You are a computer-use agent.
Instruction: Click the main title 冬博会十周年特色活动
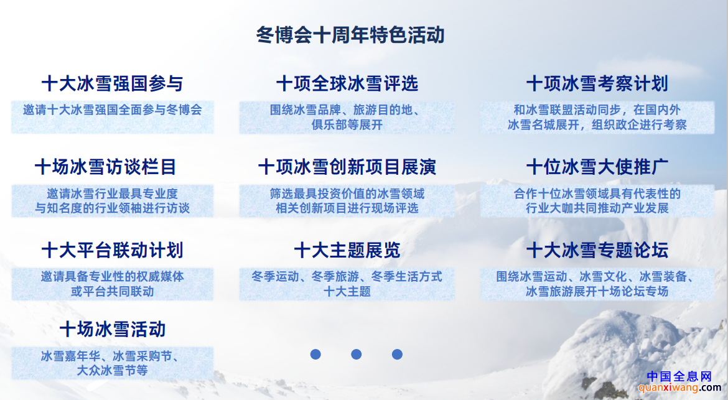coord(350,35)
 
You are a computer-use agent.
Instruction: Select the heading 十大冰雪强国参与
coord(113,83)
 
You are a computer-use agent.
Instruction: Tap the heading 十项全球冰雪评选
coord(347,83)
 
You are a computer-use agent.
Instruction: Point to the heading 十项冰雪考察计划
coord(597,83)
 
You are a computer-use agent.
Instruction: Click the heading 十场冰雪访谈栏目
coord(105,167)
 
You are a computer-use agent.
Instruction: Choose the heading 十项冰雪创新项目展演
coord(347,167)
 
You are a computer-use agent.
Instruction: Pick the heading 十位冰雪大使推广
coord(597,167)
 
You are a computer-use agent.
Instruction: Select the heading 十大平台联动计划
coord(113,251)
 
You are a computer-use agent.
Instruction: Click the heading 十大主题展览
coord(347,251)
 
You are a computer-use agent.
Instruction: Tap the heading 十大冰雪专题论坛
coord(597,251)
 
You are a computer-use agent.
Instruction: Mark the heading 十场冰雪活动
coord(113,330)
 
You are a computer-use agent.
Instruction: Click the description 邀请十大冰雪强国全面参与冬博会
coord(113,110)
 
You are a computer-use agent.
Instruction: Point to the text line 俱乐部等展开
coord(347,125)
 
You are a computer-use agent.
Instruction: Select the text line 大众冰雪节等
coord(113,371)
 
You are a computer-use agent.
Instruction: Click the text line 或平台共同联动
coord(113,291)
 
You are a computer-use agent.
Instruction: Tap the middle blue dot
coord(356,355)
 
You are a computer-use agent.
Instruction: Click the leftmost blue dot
coord(315,355)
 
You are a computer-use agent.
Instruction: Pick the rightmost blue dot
coord(397,355)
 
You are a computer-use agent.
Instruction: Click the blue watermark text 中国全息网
coord(679,376)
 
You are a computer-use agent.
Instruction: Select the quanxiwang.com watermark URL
coord(679,388)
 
